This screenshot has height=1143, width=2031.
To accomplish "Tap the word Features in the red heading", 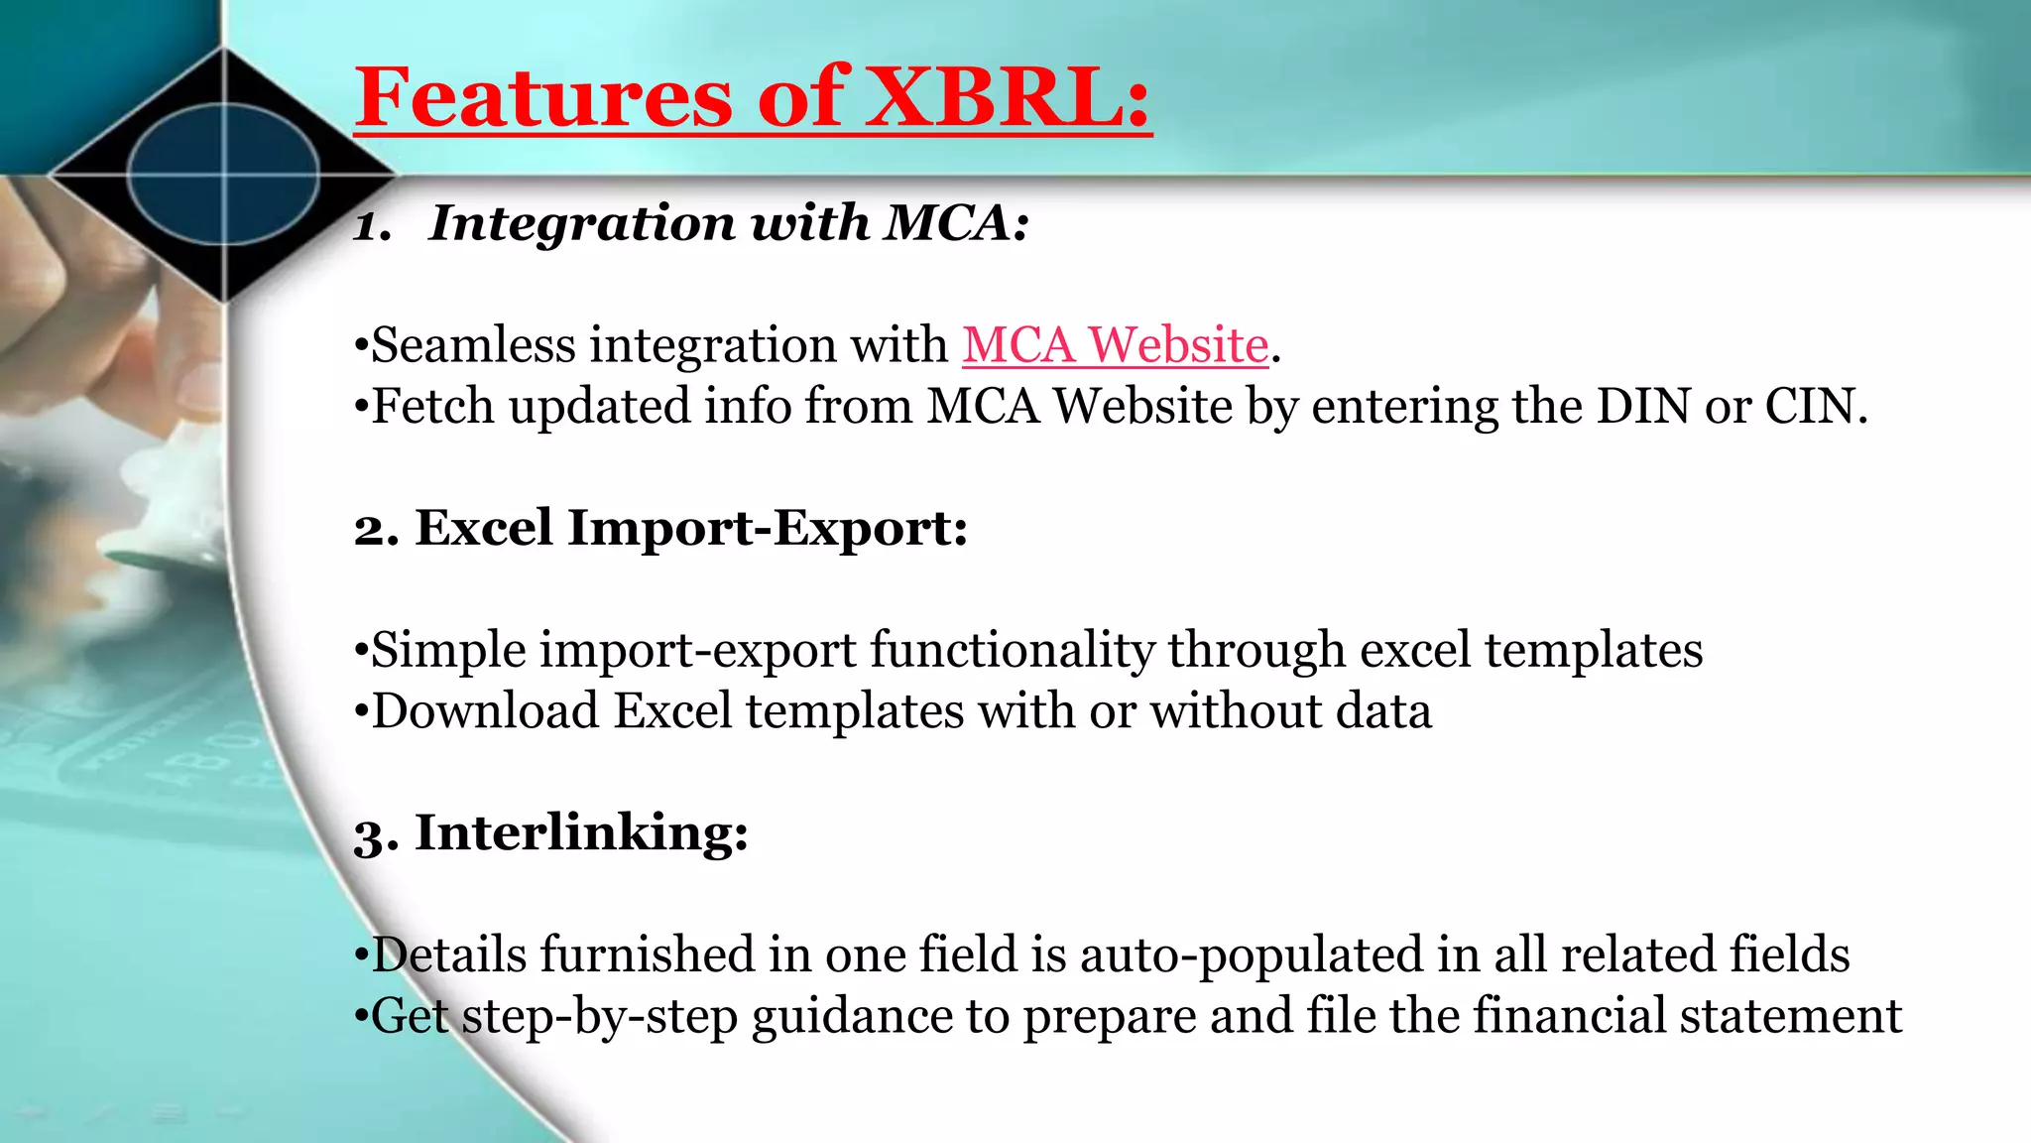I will [543, 97].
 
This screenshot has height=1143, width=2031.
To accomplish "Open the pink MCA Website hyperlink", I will [1115, 345].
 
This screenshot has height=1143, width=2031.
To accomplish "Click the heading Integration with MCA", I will [729, 222].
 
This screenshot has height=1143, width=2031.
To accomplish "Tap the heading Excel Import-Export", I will [689, 527].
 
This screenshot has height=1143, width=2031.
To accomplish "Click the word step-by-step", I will [600, 1017].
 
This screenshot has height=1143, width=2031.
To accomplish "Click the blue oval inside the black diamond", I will [224, 175].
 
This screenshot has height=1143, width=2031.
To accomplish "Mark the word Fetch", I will [432, 406].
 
